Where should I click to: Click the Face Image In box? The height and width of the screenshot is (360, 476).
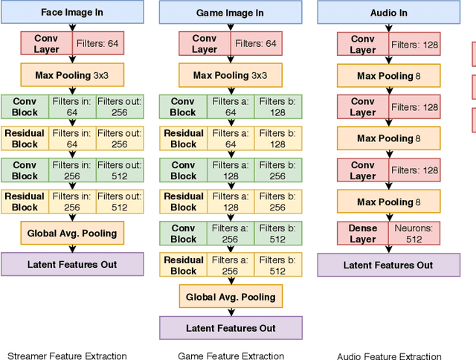click(72, 12)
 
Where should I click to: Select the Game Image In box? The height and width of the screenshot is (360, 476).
click(231, 13)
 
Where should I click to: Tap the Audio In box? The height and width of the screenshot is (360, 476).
click(387, 13)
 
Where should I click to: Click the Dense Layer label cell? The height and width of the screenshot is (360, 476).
click(363, 234)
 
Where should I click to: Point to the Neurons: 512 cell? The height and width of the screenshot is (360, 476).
click(414, 234)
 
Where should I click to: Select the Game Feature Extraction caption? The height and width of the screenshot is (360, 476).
click(231, 356)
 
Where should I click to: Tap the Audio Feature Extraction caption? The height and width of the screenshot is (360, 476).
click(389, 356)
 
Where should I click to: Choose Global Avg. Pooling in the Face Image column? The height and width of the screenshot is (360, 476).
click(72, 233)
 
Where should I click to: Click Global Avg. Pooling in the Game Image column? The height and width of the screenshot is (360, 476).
click(231, 297)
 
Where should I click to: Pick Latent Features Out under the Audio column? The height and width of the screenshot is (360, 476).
click(387, 265)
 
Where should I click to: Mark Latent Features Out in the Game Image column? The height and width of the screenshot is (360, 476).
click(231, 328)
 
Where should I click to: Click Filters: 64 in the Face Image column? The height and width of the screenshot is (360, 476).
click(98, 43)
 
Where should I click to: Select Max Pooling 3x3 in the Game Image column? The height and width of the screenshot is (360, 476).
click(231, 75)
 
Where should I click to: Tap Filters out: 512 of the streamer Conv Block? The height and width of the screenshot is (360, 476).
click(120, 170)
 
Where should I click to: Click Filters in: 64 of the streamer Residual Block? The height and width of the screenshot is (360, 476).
click(72, 138)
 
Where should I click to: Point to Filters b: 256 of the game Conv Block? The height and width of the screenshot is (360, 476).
click(278, 170)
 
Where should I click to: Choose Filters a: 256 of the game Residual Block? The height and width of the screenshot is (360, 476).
click(231, 266)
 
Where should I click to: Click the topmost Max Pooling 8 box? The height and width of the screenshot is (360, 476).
click(387, 75)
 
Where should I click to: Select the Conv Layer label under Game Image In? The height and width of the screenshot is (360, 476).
click(205, 43)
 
